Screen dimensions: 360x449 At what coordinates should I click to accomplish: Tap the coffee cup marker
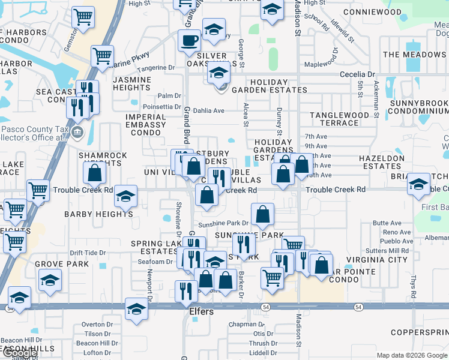pos(189,40)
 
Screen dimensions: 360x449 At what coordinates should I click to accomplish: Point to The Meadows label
pos(415,55)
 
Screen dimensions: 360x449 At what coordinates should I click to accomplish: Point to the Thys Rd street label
pos(413,286)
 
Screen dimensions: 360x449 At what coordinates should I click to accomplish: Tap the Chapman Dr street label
pos(242,324)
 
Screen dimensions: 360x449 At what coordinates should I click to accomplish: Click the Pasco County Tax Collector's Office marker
pos(77,132)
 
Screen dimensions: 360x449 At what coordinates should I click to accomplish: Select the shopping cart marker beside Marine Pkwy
pos(102,56)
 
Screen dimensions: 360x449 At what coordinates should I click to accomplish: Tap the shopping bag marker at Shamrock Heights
pos(95,173)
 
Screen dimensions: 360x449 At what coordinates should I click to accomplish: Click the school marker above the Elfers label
pos(136,309)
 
